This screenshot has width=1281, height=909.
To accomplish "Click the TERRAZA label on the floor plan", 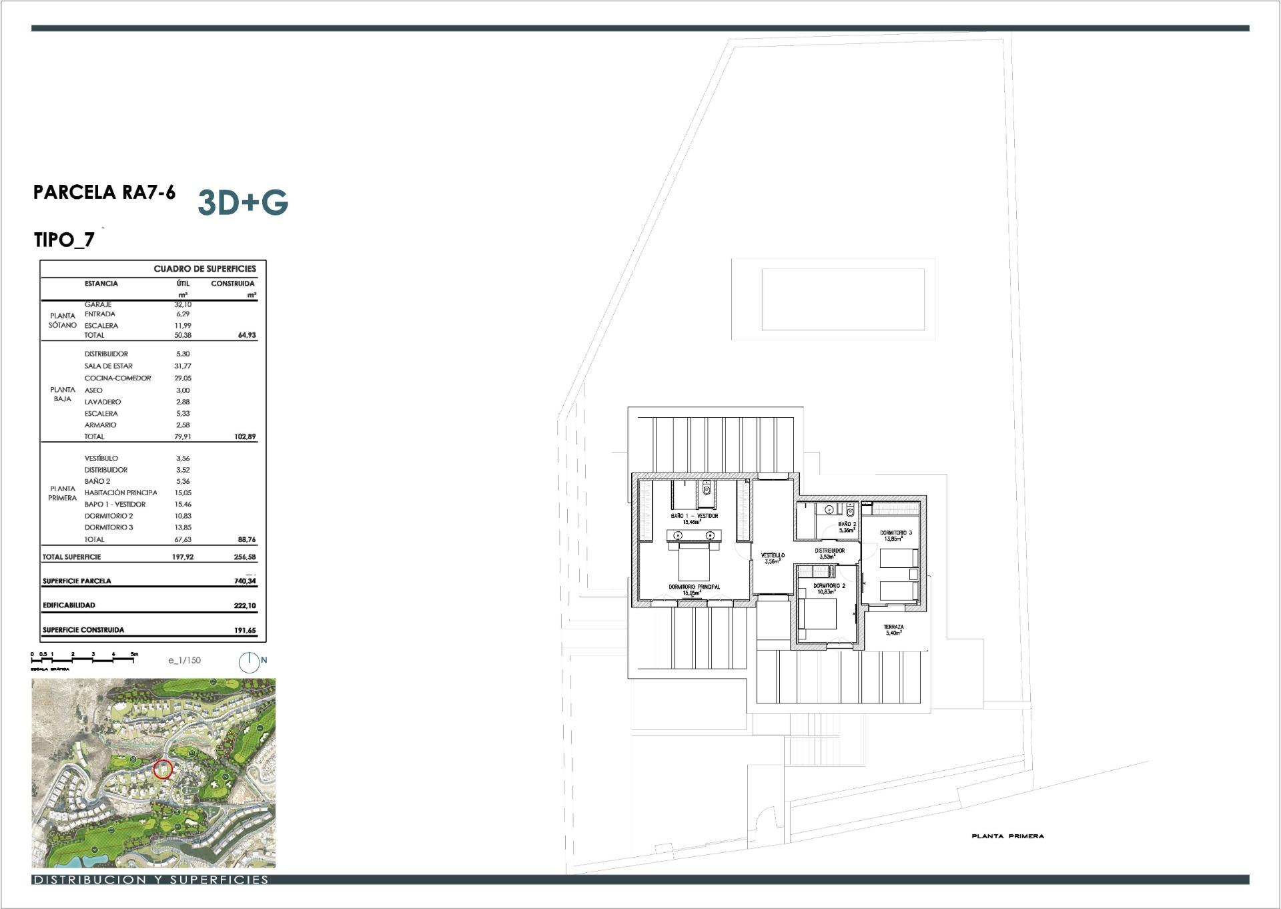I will coord(893,627).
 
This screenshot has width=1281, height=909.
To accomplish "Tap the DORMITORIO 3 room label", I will coord(895,533).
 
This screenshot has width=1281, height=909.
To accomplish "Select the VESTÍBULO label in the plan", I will coord(773,555).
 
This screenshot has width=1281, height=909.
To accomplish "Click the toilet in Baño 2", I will coord(849,511).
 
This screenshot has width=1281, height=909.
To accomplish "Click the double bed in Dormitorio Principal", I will coord(694,562).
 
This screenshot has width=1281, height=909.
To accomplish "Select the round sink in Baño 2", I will coord(829,510).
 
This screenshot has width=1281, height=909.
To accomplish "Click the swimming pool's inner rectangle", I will coord(843,299).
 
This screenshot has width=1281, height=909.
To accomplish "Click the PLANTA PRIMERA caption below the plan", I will coord(1007,836).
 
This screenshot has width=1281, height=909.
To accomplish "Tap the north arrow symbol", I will coord(249,661).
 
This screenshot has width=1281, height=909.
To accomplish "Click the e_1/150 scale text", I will coord(184,660).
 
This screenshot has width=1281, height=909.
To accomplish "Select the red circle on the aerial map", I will coord(163,770).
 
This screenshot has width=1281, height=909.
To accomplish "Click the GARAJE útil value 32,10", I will coord(183,304).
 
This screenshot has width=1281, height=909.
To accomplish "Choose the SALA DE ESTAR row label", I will coord(108,366).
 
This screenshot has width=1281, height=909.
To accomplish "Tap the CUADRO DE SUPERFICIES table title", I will coord(205,269).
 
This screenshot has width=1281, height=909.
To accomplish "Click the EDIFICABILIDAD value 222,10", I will coord(245,606).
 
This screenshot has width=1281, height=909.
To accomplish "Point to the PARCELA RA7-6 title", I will coord(104,192).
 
